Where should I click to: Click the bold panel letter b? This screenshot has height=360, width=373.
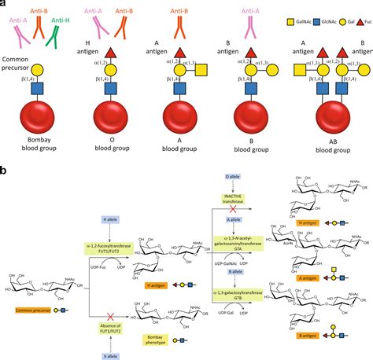tap(5, 168)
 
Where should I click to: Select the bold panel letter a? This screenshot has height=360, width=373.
tap(5, 4)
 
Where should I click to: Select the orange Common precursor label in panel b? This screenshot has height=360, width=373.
tap(31, 311)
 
